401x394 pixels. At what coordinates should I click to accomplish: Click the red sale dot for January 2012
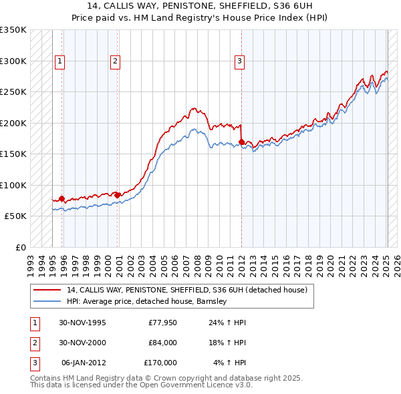coord(241,142)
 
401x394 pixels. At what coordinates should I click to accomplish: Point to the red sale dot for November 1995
coord(62,198)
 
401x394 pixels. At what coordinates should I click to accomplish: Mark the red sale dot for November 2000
coord(118,195)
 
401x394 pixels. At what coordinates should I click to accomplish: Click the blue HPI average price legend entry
coord(147,301)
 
